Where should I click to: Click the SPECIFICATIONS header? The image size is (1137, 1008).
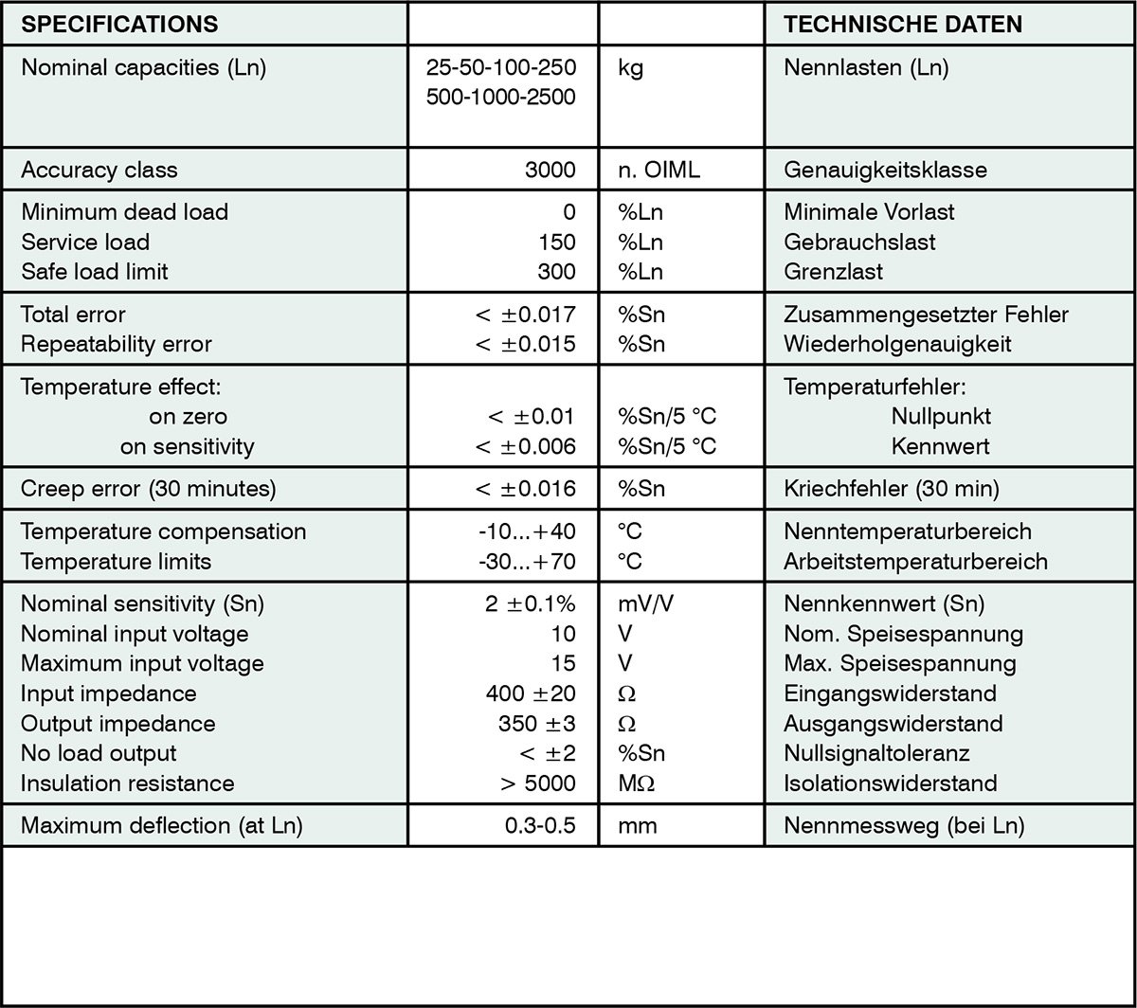point(119,25)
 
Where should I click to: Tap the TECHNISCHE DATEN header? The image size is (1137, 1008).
point(903,25)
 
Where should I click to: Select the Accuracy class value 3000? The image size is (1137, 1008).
point(550,171)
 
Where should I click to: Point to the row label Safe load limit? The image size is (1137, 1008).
point(95,272)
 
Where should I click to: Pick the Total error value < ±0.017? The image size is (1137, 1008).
point(526,315)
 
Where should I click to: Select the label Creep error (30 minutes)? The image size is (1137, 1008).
point(149,489)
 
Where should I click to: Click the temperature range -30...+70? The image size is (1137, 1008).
point(528,562)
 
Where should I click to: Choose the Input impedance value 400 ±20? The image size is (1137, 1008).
point(531,694)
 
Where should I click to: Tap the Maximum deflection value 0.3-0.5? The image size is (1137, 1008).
point(540,826)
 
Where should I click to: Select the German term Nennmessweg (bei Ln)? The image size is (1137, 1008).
point(904,826)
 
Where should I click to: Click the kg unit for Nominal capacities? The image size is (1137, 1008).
point(630,68)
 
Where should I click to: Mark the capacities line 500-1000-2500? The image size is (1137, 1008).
point(502,98)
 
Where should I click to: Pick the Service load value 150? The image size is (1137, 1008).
point(556,243)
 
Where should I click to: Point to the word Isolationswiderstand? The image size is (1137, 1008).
point(890,784)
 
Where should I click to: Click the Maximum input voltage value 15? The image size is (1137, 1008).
point(563,664)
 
